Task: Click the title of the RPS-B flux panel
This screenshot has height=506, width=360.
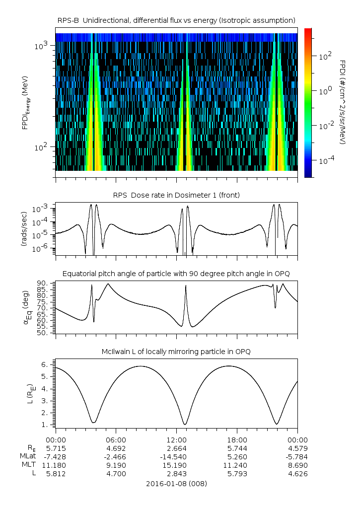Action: pos(176,20)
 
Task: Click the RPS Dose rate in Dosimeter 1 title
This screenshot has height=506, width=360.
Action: pos(176,195)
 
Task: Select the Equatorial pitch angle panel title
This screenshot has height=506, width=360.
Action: pos(176,274)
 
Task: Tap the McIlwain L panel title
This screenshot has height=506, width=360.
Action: pos(176,352)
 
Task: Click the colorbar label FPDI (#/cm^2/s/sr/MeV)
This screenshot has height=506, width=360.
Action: pos(343,102)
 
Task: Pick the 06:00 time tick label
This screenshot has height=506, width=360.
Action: pos(116,439)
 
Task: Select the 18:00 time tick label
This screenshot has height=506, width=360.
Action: pos(237,439)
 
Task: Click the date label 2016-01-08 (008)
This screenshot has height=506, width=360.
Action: pos(176,483)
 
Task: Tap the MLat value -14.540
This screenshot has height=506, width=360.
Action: pos(176,456)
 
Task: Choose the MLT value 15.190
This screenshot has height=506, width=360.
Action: pos(176,465)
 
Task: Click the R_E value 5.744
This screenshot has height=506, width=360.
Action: pos(237,448)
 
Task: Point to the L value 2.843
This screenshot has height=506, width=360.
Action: pos(176,474)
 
